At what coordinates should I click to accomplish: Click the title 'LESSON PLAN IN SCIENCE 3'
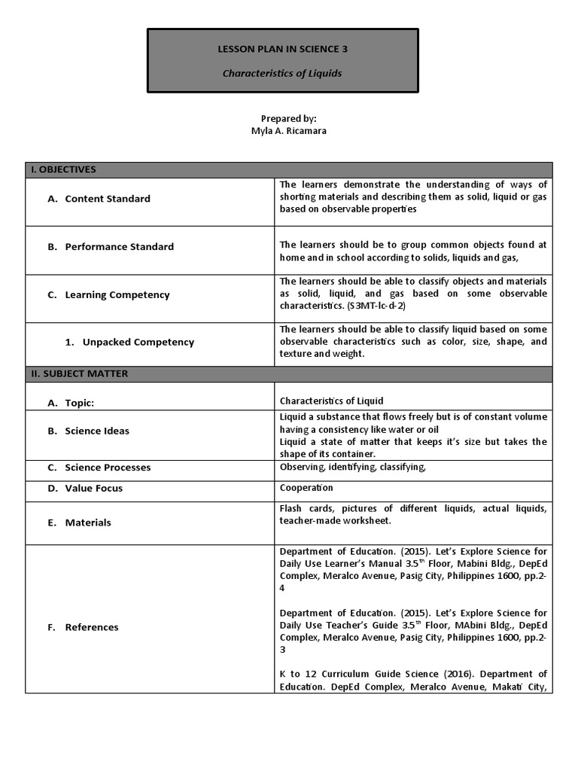[x=282, y=50]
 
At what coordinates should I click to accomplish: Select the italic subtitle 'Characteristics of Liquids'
[x=282, y=73]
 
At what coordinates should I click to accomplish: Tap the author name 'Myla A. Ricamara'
[x=289, y=130]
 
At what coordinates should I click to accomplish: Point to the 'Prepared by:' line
[x=289, y=119]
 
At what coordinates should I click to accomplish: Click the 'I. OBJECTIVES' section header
[x=63, y=169]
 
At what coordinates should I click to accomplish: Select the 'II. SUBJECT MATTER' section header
[x=79, y=374]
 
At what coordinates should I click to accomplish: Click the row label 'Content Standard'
[x=107, y=199]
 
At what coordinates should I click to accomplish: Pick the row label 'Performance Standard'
[x=119, y=247]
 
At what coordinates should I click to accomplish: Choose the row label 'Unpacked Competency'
[x=138, y=342]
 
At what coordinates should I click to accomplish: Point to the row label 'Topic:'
[x=79, y=403]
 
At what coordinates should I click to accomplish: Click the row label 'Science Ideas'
[x=97, y=431]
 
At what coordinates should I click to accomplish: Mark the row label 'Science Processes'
[x=108, y=468]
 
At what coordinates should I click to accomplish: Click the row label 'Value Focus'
[x=93, y=489]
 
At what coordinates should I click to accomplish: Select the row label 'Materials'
[x=88, y=523]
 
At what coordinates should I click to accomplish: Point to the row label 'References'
[x=91, y=627]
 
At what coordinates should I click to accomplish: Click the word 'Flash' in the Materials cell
[x=291, y=509]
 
